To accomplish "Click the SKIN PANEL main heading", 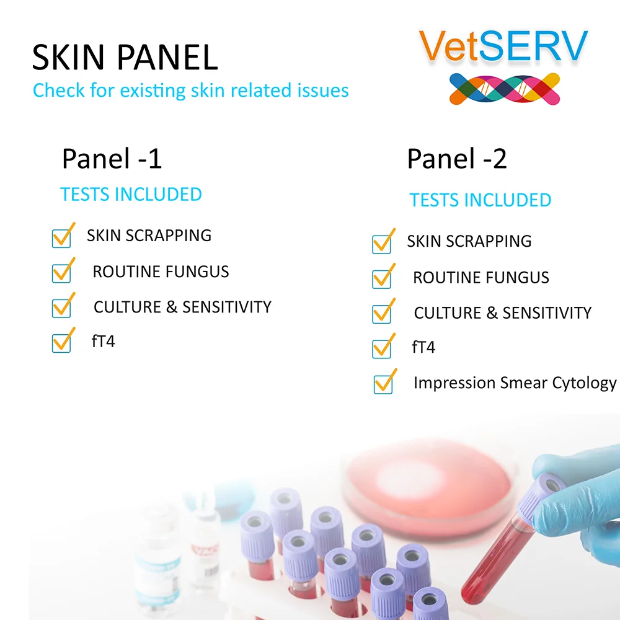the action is pos(125,57).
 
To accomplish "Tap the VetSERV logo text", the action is pos(503,46).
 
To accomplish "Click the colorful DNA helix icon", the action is pos(505,89).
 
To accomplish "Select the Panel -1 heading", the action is pos(112,159).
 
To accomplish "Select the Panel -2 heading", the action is pos(457,159).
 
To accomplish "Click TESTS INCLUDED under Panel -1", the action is pos(131,195).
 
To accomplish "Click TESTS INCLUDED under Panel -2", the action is pos(480,200).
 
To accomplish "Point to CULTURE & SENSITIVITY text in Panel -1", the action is pos(182,307).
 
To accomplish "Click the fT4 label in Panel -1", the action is pos(103,341).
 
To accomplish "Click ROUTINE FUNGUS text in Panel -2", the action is pos(481,278).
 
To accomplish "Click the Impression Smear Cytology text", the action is pos(515,383).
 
